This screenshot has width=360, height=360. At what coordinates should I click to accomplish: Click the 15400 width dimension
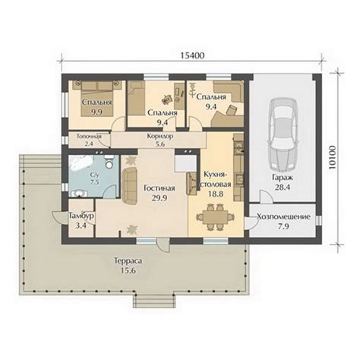tap(192, 55)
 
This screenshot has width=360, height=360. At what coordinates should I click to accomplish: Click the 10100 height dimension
tap(333, 157)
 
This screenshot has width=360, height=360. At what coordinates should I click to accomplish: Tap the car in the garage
tap(283, 134)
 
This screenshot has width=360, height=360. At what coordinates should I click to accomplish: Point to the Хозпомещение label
tap(283, 216)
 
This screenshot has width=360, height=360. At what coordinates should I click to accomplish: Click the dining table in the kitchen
tap(216, 217)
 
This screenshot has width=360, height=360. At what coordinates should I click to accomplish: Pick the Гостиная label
tap(159, 188)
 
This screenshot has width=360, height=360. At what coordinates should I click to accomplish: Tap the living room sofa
tap(129, 185)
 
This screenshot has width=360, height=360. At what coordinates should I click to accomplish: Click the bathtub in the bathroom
tap(81, 163)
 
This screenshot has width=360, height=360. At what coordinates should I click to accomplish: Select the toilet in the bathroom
tap(109, 163)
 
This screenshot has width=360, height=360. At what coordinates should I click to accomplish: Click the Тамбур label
tap(81, 216)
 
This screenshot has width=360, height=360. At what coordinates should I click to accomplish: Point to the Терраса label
tap(128, 261)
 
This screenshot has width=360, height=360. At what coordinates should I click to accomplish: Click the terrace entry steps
tap(154, 301)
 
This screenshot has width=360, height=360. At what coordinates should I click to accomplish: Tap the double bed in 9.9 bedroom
tap(96, 99)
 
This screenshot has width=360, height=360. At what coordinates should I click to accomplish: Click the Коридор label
tap(160, 136)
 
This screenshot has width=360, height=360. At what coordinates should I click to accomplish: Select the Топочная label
tap(89, 136)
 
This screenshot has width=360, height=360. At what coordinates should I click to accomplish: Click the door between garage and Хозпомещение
tap(266, 197)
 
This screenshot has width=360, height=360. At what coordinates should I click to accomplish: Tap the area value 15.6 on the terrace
tap(128, 270)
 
